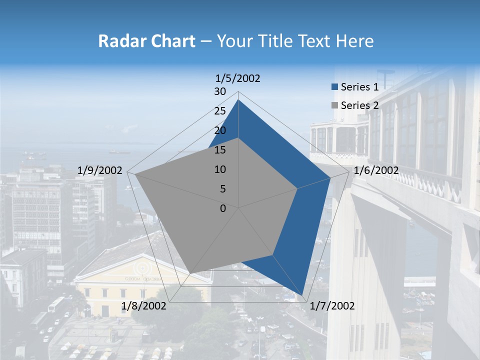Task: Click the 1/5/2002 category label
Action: point(238,78)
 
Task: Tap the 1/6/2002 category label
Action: point(376,170)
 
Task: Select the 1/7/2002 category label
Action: point(332,305)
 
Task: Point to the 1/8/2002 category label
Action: point(143,305)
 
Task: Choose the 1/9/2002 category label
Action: point(100,170)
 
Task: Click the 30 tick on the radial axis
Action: point(220,91)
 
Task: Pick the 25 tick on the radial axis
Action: point(220,111)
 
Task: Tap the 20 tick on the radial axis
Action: point(220,130)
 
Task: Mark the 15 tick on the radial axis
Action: point(220,150)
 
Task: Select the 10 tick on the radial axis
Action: point(220,169)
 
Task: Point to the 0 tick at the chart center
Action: point(223,208)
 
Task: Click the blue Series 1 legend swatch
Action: point(334,87)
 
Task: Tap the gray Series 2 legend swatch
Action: point(334,105)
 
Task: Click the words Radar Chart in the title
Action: point(146,41)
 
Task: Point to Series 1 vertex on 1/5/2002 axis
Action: point(238,99)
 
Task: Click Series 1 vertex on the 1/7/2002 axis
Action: point(302,295)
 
